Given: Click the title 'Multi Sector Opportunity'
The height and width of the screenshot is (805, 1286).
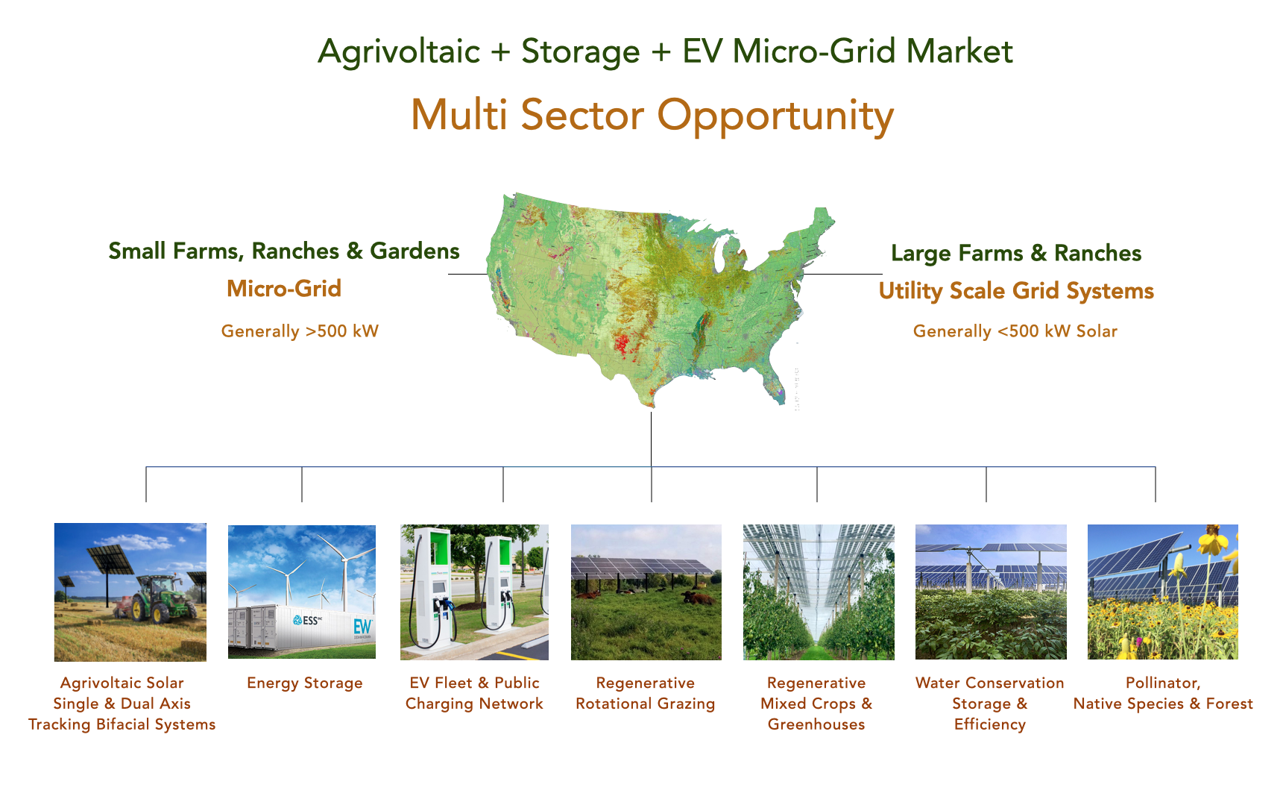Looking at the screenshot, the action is click(652, 116).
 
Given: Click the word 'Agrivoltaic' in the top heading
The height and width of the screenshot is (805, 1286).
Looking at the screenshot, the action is click(399, 51).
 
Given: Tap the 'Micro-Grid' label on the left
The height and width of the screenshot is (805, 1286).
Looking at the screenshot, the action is click(284, 289).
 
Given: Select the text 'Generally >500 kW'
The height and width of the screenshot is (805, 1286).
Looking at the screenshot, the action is click(300, 331).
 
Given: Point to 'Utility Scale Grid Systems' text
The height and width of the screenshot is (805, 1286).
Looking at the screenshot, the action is click(1016, 291).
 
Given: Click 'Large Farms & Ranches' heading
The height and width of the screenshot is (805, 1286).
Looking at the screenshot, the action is click(1016, 253).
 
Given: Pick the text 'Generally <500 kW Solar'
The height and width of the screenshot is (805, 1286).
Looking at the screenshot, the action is click(1015, 331).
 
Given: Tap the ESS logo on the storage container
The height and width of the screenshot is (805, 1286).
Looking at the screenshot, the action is click(307, 620).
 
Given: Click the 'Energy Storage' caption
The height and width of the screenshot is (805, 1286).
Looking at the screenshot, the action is click(305, 683).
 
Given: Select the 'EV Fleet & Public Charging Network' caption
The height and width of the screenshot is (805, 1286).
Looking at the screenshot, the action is click(474, 693).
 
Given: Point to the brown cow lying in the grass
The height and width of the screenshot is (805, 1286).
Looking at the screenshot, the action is click(697, 596).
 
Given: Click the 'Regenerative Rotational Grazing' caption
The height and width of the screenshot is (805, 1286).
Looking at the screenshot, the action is click(646, 693).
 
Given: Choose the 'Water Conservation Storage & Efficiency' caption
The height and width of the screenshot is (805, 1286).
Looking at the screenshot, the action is click(990, 704).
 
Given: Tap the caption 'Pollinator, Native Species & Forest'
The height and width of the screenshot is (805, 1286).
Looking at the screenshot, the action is click(1163, 693).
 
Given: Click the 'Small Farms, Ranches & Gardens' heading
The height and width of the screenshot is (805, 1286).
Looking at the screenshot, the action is click(284, 251).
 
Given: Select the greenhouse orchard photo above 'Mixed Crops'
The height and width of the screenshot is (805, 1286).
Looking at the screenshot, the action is click(819, 592).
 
